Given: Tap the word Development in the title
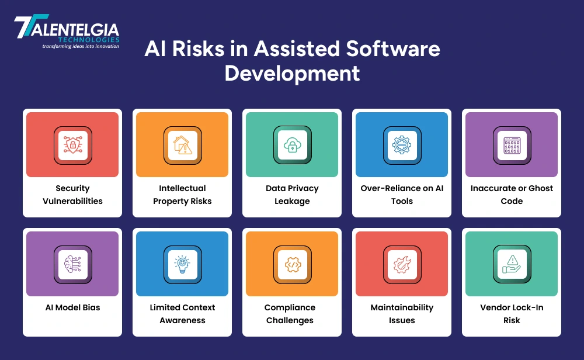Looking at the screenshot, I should pyautogui.click(x=292, y=74).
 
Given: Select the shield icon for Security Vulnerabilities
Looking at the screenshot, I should pyautogui.click(x=72, y=146).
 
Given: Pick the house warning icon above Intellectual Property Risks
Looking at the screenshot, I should pyautogui.click(x=182, y=146).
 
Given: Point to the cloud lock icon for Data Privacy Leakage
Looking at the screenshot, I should pyautogui.click(x=292, y=146).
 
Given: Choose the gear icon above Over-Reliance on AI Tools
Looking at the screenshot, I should pyautogui.click(x=402, y=146).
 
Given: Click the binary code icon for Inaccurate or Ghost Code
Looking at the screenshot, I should pyautogui.click(x=512, y=146).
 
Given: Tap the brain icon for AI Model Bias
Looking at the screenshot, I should pyautogui.click(x=72, y=265).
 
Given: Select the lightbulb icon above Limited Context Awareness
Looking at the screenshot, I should pyautogui.click(x=182, y=265).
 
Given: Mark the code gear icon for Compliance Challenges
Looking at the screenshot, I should pyautogui.click(x=292, y=265).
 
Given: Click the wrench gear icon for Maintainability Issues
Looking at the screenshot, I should pyautogui.click(x=402, y=265).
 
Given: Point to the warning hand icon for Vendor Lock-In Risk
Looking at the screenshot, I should pyautogui.click(x=512, y=265).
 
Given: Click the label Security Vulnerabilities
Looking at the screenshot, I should pyautogui.click(x=72, y=195).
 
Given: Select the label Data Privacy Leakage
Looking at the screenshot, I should pyautogui.click(x=292, y=195).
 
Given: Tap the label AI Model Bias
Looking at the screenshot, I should pyautogui.click(x=72, y=307).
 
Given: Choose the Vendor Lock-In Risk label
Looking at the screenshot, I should pyautogui.click(x=512, y=314).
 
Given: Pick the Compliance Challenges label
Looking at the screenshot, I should pyautogui.click(x=290, y=314).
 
